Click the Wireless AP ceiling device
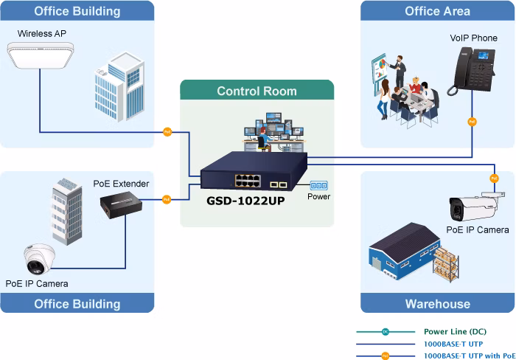[41, 55]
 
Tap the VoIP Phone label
[473, 38]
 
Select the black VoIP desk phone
[471, 71]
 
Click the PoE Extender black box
[121, 205]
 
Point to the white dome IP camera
[39, 259]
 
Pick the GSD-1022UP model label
[245, 201]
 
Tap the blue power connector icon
[318, 185]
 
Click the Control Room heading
[257, 91]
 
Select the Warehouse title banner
[437, 303]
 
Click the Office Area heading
[437, 11]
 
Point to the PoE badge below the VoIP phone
[472, 122]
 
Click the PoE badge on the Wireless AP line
[167, 132]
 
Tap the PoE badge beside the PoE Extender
[167, 199]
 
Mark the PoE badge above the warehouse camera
[495, 179]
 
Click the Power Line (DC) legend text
[455, 331]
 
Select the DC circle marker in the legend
[386, 332]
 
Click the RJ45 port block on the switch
[248, 181]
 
